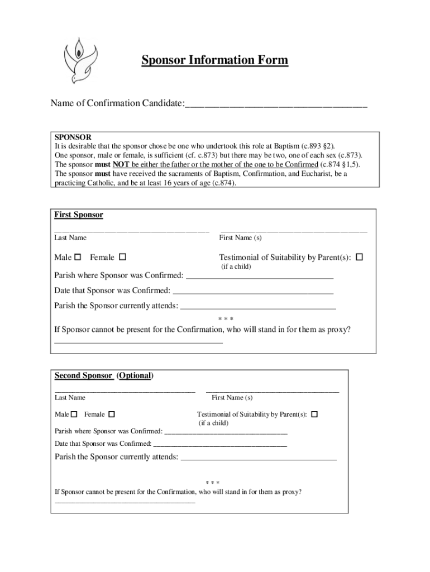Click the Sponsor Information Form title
point(214,60)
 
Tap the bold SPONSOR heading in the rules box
point(73,137)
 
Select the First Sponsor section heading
point(79,215)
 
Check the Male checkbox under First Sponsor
point(78,257)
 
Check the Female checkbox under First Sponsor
point(122,257)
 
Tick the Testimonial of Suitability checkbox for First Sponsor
point(359,257)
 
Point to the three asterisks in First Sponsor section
point(225,319)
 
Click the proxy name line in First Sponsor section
point(138,341)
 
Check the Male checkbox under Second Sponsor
point(74,414)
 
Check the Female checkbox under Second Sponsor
point(112,414)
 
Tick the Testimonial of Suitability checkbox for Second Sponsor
point(314,414)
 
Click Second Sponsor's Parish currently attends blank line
point(259,459)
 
